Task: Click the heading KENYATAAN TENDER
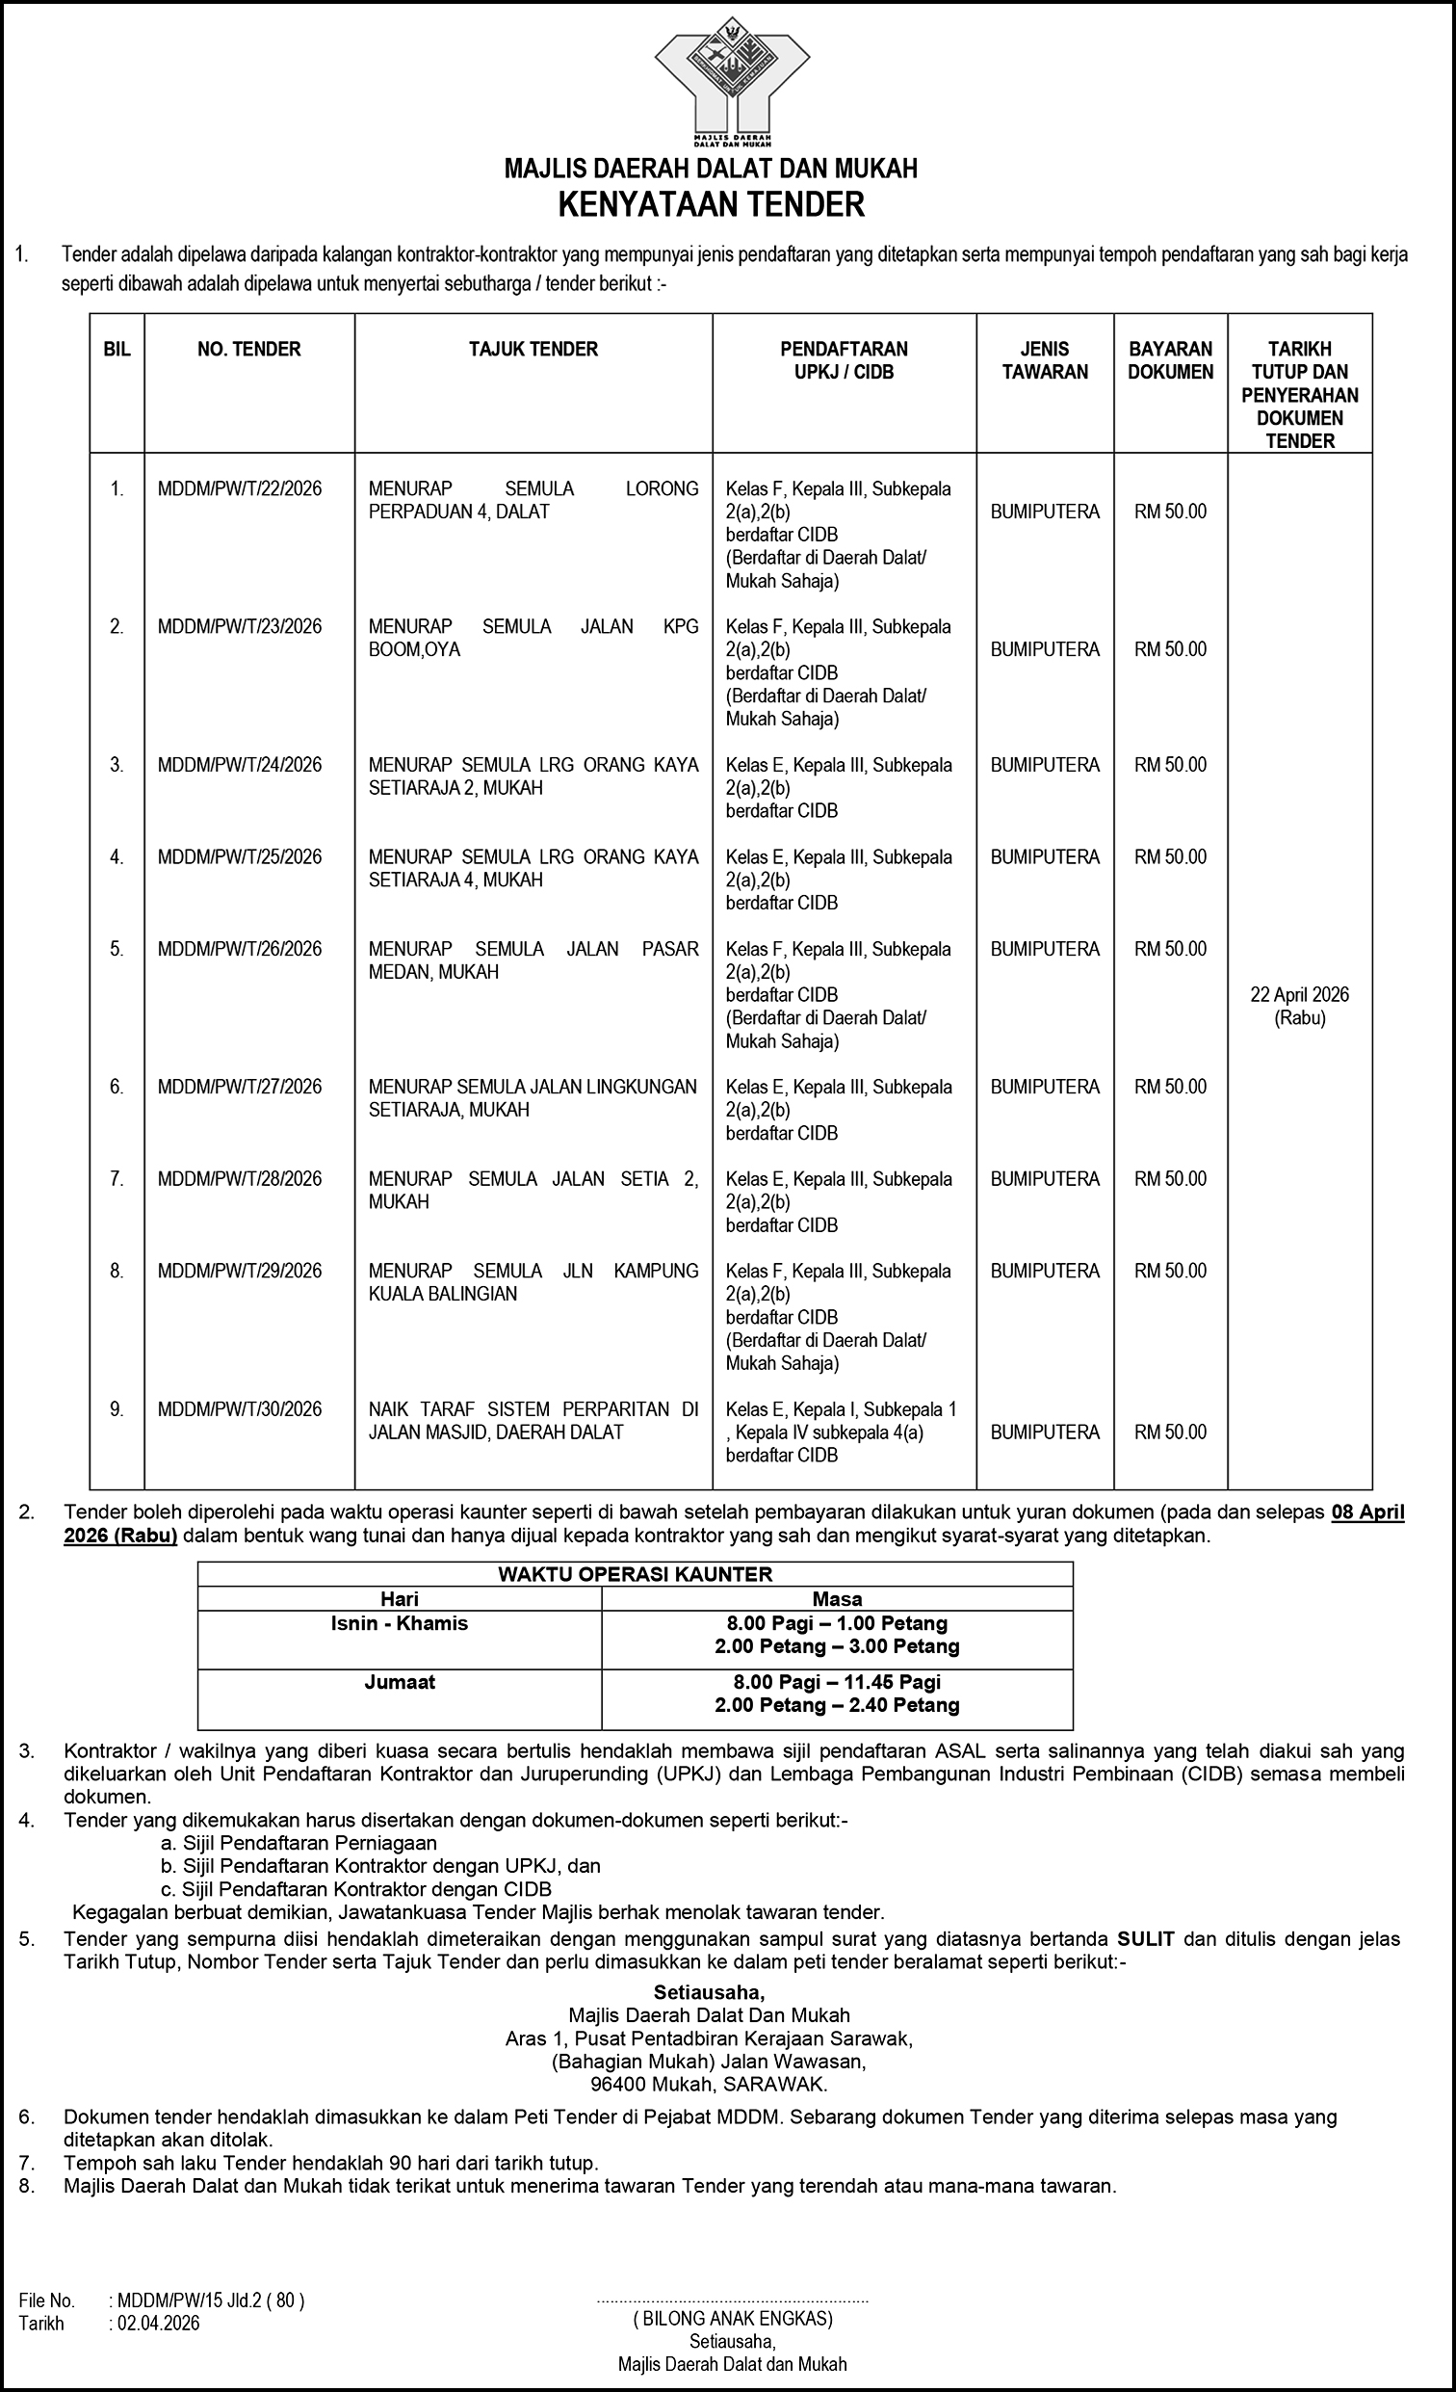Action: [x=711, y=206]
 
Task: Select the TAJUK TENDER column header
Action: [x=533, y=350]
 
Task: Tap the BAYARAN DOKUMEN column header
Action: [x=1171, y=360]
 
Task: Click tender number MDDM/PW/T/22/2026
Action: [x=240, y=488]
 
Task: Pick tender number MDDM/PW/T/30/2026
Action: [x=240, y=1408]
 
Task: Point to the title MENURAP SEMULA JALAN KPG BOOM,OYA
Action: [x=533, y=638]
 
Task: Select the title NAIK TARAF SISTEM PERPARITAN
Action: [x=533, y=1420]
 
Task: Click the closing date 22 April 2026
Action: [x=1300, y=994]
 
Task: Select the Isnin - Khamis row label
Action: [x=399, y=1623]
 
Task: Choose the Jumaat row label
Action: [x=399, y=1682]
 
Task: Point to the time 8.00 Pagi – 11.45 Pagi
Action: [x=837, y=1682]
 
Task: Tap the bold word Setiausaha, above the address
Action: [x=710, y=1992]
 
